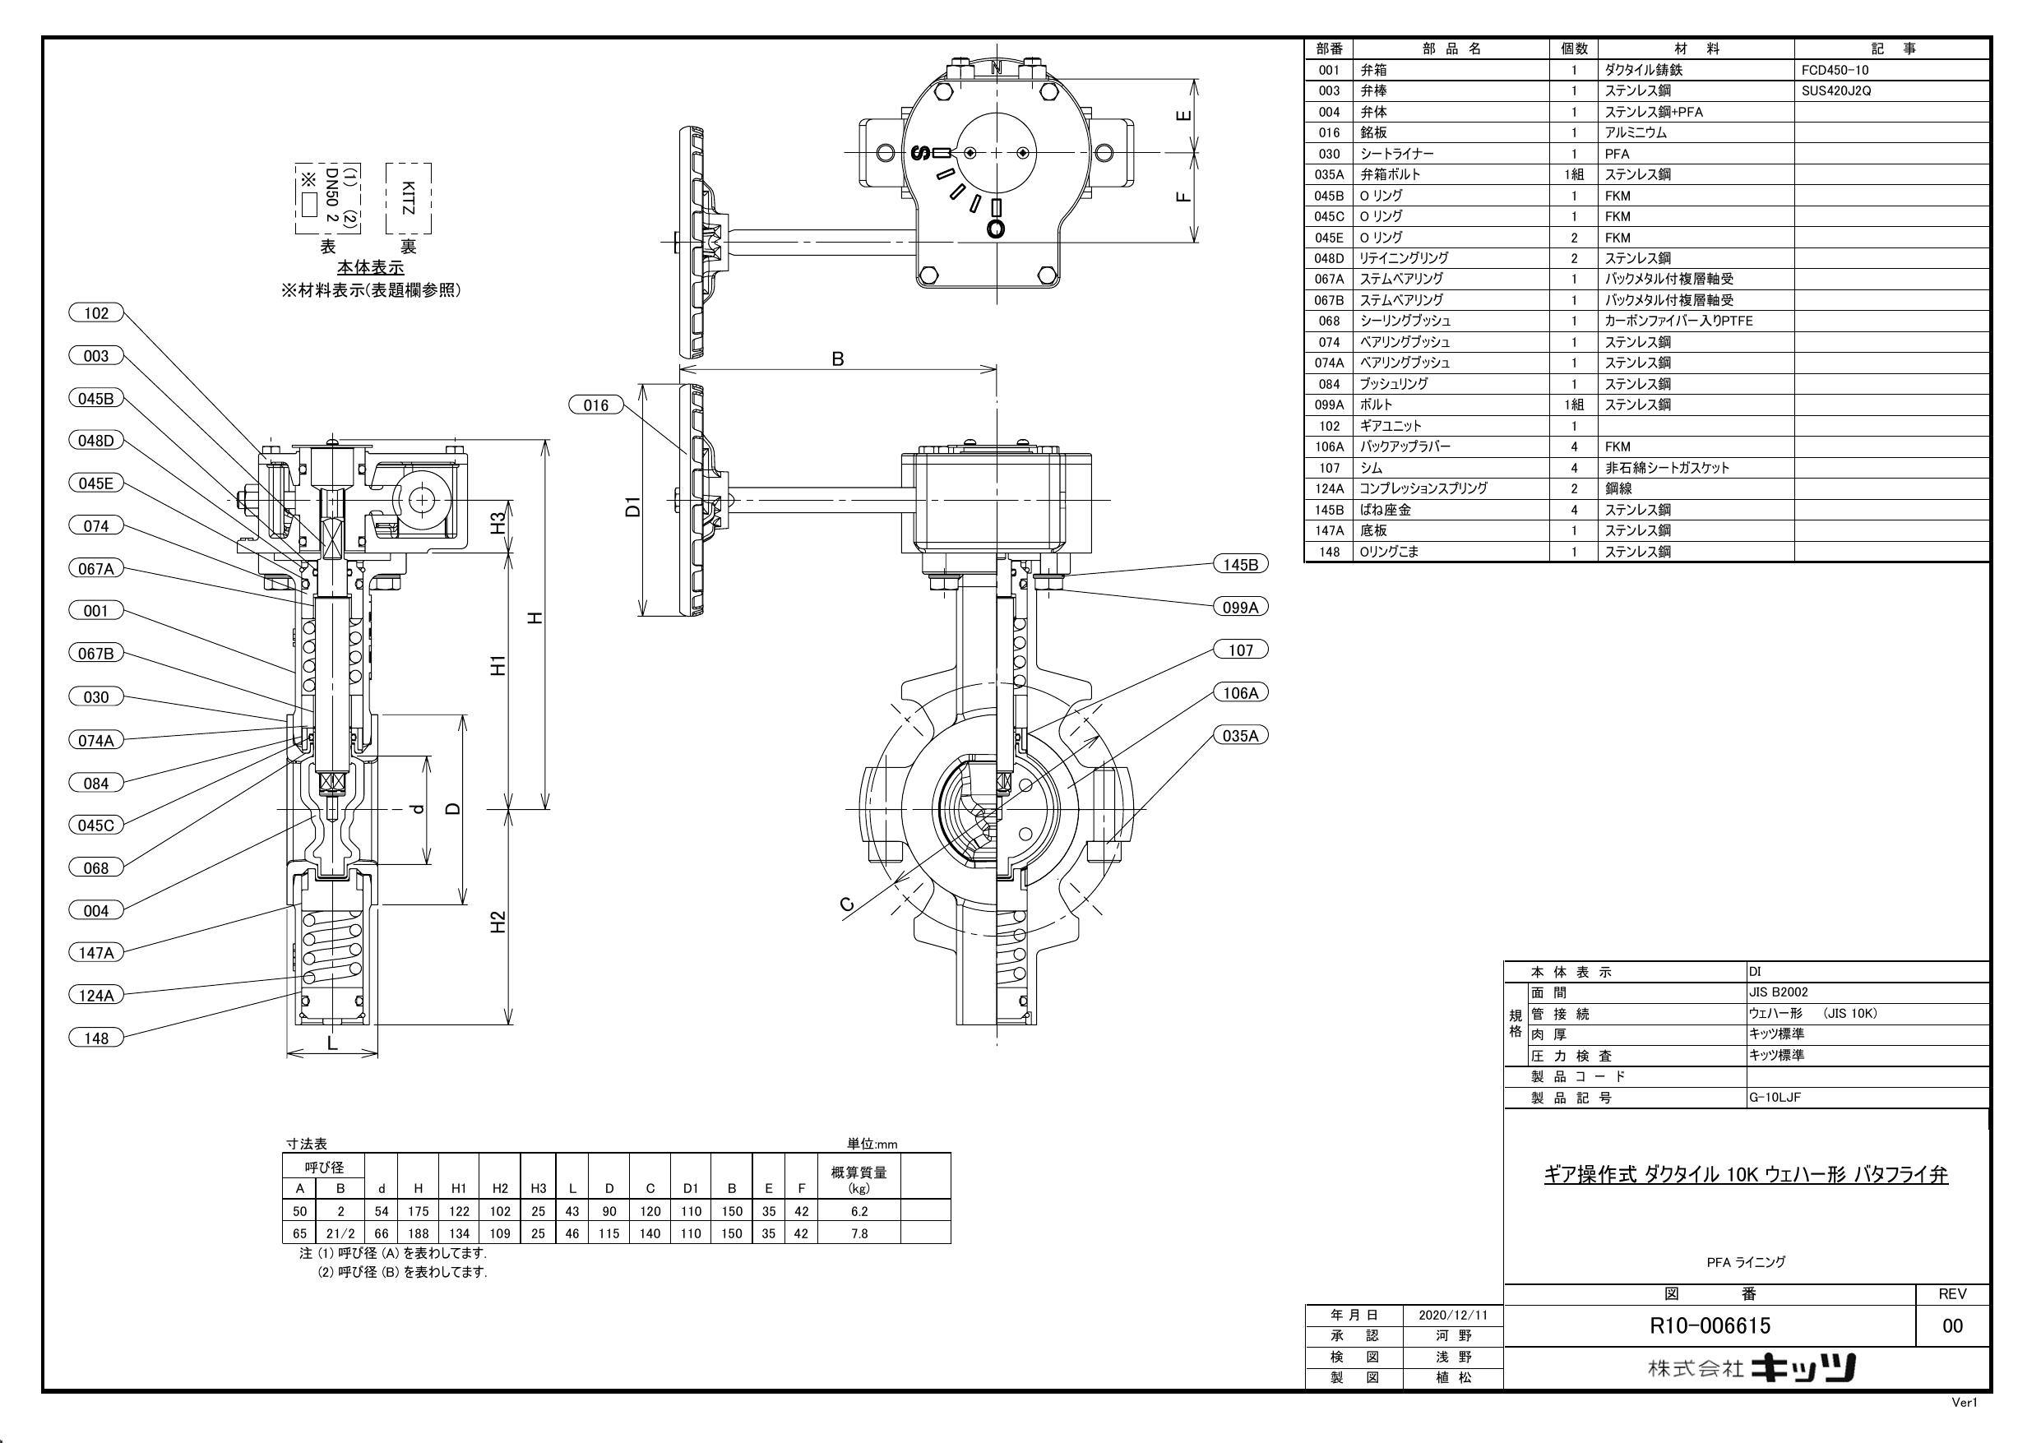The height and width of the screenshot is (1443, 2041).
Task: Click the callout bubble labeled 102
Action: [x=96, y=313]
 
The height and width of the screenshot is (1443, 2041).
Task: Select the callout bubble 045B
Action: [x=96, y=398]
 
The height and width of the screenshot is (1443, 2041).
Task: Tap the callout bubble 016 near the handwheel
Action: [x=595, y=405]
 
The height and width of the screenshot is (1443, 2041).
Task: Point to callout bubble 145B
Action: [x=1240, y=565]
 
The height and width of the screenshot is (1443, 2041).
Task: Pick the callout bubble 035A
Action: [x=1240, y=735]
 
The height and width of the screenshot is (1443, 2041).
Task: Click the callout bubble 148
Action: [x=96, y=1038]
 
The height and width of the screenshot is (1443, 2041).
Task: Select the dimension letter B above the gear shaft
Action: [x=837, y=359]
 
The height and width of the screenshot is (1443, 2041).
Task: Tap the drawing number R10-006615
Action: [x=1710, y=1325]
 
